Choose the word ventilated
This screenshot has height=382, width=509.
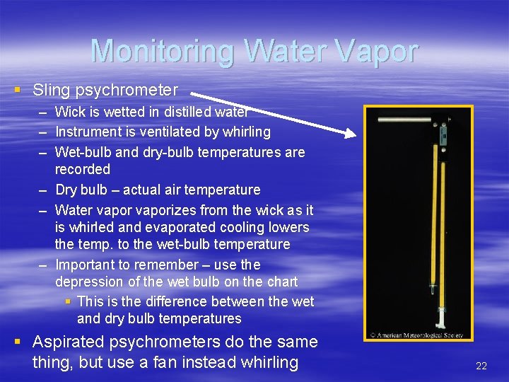170,132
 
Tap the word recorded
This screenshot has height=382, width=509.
83,169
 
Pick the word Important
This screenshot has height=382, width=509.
86,265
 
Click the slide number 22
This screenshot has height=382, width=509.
481,366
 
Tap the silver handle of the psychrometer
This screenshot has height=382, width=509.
404,121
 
